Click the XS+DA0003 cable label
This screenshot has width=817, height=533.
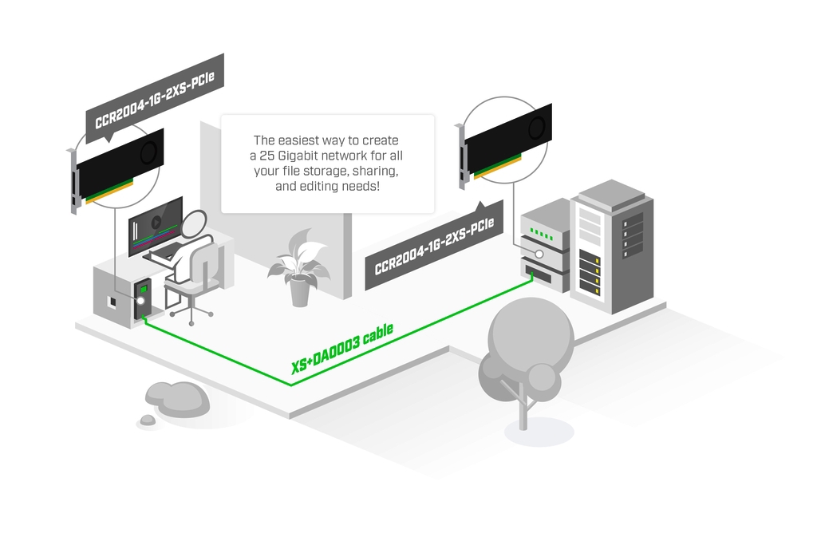pyautogui.click(x=342, y=349)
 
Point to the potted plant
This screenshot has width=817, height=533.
pyautogui.click(x=299, y=267)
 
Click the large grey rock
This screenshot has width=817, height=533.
pyautogui.click(x=177, y=398)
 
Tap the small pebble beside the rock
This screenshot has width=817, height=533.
pyautogui.click(x=148, y=420)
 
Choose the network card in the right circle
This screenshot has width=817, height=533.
pyautogui.click(x=507, y=144)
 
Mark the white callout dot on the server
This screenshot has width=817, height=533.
pyautogui.click(x=539, y=254)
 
